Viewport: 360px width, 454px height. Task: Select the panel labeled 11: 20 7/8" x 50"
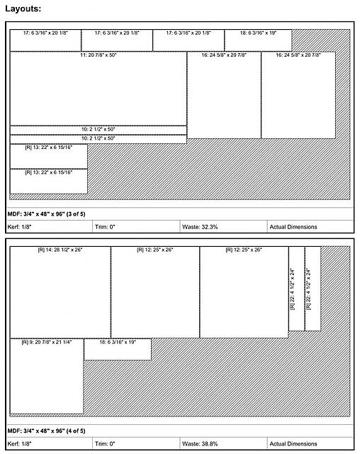point(98,89)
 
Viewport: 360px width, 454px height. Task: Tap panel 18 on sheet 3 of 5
point(258,40)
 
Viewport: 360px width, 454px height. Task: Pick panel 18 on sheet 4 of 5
point(118,349)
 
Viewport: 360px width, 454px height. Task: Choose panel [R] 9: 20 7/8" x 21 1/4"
point(47,377)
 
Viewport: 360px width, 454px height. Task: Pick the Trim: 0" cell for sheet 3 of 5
point(135,227)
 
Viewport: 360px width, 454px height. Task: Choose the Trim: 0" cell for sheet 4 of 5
point(135,443)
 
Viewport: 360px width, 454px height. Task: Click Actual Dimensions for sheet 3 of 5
point(309,227)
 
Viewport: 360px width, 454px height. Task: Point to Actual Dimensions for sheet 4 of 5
point(309,443)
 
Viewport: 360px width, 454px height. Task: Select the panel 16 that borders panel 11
point(223,95)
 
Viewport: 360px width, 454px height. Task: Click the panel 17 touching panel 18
point(189,40)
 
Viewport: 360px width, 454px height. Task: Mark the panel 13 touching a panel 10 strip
point(48,155)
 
